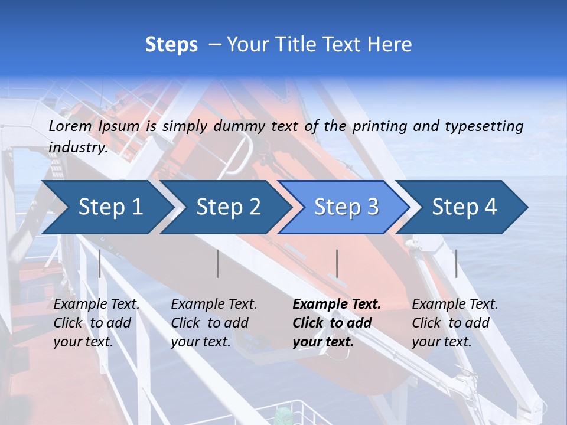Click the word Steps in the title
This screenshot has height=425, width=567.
[x=171, y=45]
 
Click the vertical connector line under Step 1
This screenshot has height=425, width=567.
[x=100, y=263]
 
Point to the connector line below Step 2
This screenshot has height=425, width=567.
[x=218, y=263]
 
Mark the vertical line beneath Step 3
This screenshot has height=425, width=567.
[x=337, y=263]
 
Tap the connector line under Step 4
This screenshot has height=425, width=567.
[x=457, y=263]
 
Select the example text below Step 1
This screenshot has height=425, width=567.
[x=96, y=323]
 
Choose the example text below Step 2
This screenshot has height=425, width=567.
[x=214, y=323]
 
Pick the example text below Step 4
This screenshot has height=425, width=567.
[x=455, y=323]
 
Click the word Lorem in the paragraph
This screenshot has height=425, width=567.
[x=70, y=126]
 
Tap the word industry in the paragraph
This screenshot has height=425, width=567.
[x=78, y=148]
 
